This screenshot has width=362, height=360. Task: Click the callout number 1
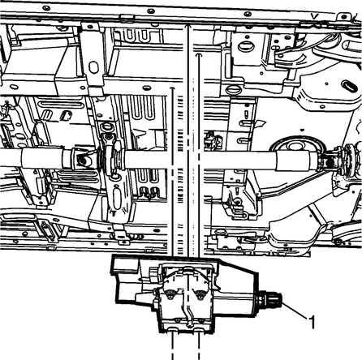coord(312,322)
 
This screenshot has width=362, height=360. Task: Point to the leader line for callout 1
coord(295,310)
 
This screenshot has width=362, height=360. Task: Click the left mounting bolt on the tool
coord(170,294)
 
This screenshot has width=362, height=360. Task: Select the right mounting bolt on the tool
coord(200,294)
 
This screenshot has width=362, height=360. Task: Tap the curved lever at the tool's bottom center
coord(188,314)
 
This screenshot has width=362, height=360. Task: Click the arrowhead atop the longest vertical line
coord(187,27)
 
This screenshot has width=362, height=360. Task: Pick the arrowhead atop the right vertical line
coord(199,55)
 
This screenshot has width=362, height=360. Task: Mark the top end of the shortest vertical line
coord(172,88)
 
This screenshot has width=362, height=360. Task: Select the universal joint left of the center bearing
coord(81,160)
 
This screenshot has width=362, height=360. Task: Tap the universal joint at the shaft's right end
coord(332,161)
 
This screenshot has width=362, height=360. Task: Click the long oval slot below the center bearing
coord(117,198)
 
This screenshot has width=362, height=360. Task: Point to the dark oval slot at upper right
coord(351,87)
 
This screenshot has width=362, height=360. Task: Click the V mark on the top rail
coord(314,17)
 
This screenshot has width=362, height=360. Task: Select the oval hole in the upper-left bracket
coord(93,67)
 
